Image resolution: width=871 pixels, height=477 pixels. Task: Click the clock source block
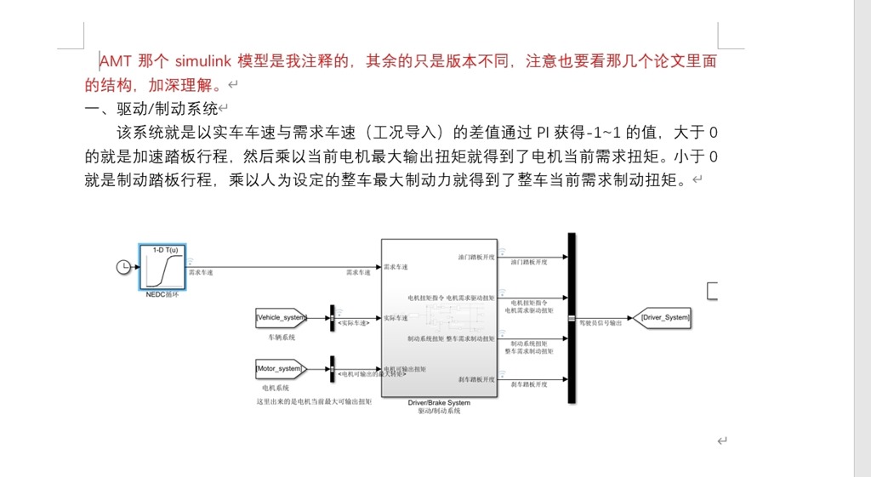(124, 267)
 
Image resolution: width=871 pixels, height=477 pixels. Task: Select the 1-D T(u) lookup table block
(163, 267)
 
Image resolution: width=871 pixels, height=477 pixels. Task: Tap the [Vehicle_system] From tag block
(281, 318)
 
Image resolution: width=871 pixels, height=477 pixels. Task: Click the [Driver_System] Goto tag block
(666, 318)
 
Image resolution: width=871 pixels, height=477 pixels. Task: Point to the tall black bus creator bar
(572, 318)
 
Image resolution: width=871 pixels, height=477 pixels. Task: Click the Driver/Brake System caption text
(439, 403)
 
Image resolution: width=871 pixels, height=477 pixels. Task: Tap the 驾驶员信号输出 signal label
(601, 323)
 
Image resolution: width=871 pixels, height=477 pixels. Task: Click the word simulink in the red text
(204, 61)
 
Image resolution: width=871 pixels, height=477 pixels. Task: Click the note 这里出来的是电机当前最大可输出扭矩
(314, 400)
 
